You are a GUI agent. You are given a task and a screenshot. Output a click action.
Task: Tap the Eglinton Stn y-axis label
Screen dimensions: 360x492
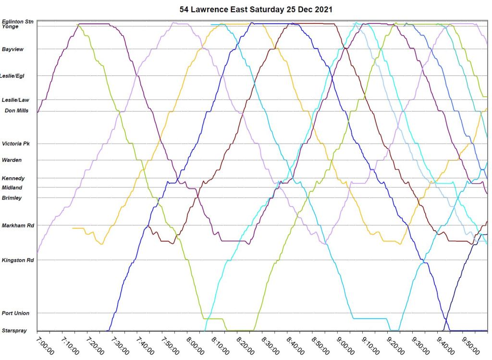(17, 22)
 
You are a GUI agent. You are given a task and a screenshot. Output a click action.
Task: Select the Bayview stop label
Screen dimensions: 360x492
(12, 49)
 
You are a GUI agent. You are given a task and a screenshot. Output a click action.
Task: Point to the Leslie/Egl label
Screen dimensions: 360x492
(12, 76)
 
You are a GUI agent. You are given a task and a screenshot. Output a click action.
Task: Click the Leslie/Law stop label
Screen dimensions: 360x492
(15, 100)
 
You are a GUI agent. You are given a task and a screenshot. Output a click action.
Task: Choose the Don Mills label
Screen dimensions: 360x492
(16, 111)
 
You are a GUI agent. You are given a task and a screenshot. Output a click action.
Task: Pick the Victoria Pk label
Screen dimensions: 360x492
(15, 144)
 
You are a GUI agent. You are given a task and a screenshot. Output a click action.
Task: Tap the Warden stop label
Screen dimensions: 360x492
(12, 160)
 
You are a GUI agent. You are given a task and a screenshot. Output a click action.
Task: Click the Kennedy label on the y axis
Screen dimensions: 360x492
(13, 178)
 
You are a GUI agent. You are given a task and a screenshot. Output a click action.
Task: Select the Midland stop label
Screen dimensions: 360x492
(12, 187)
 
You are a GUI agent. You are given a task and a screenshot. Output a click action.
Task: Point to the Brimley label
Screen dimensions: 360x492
(12, 198)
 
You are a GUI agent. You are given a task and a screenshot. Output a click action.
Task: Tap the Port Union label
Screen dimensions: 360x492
(15, 313)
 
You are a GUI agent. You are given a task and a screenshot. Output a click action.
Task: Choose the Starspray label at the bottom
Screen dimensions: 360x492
(14, 331)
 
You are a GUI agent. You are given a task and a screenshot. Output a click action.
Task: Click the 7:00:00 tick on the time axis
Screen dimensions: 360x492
(45, 346)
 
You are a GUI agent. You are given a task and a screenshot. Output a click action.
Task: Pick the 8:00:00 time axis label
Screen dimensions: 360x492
(196, 346)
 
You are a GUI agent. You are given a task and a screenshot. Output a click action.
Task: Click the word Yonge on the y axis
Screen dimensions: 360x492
(10, 27)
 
